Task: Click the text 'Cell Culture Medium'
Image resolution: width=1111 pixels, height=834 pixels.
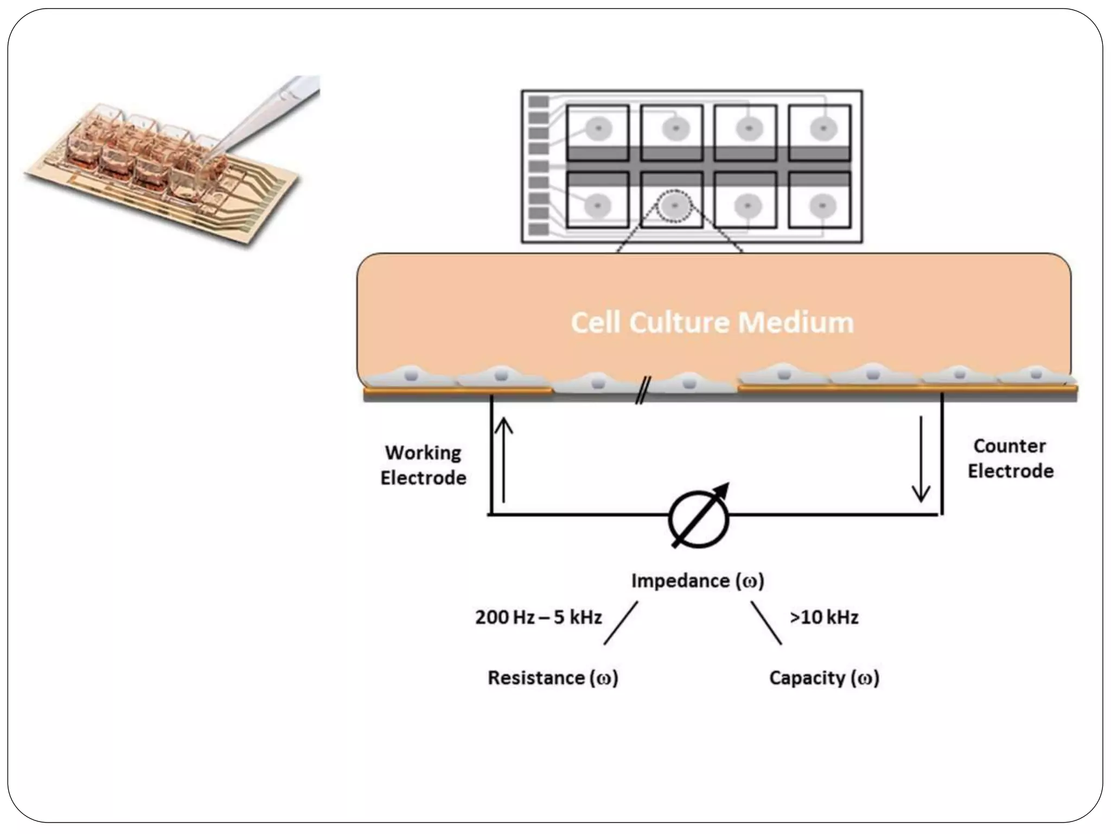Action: click(712, 323)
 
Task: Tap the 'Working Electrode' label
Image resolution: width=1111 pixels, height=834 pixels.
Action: click(423, 465)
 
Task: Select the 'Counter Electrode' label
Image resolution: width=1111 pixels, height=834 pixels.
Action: click(1010, 458)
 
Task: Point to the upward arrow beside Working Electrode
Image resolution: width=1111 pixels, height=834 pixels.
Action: click(504, 459)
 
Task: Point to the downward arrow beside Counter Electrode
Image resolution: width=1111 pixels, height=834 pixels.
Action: click(921, 459)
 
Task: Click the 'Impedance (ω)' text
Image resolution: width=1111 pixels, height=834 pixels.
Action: click(698, 581)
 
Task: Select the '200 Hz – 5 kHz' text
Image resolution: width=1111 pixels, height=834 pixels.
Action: click(538, 617)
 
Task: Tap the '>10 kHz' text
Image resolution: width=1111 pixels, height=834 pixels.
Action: click(823, 617)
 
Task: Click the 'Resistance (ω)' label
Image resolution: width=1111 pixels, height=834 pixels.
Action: click(553, 678)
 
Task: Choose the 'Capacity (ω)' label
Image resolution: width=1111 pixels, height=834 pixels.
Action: click(824, 678)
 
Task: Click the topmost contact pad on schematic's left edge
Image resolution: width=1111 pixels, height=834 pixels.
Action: click(538, 102)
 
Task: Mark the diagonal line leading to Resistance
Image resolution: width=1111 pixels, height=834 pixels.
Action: click(621, 623)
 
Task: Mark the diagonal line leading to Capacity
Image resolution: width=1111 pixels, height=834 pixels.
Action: click(766, 623)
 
